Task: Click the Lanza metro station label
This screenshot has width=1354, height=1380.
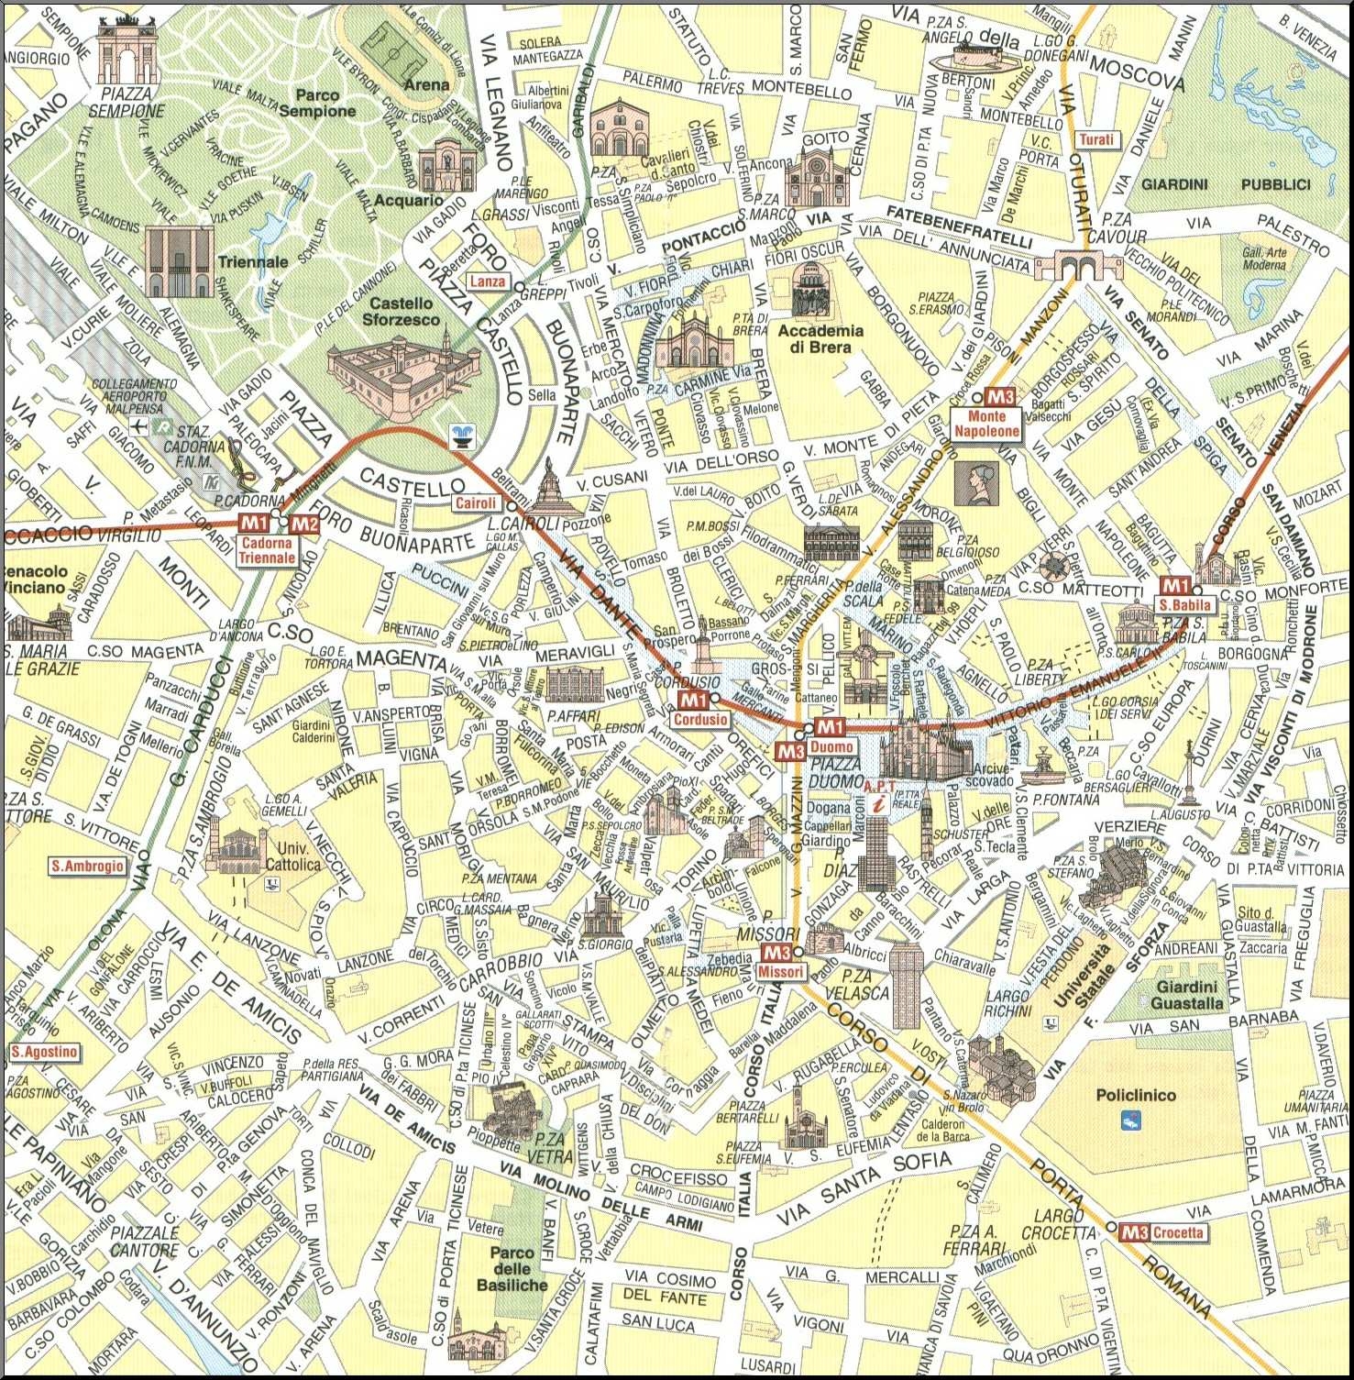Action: tap(488, 282)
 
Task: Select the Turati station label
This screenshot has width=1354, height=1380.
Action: tap(1096, 139)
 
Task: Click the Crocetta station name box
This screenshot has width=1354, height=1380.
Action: tap(1177, 1232)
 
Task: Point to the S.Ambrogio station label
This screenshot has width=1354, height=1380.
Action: tap(87, 866)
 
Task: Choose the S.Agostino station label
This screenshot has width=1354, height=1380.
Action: tap(44, 1052)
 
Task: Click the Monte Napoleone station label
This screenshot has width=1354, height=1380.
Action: tap(986, 424)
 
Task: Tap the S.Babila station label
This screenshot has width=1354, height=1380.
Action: tap(1184, 605)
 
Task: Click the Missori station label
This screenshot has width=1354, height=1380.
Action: tap(782, 971)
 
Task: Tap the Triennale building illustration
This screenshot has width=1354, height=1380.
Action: tap(180, 262)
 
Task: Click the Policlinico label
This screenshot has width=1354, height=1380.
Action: tap(1135, 1095)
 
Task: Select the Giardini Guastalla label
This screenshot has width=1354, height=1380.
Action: tap(1188, 995)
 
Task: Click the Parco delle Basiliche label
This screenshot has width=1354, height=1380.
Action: tap(512, 1268)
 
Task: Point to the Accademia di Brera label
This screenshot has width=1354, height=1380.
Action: tap(820, 338)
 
